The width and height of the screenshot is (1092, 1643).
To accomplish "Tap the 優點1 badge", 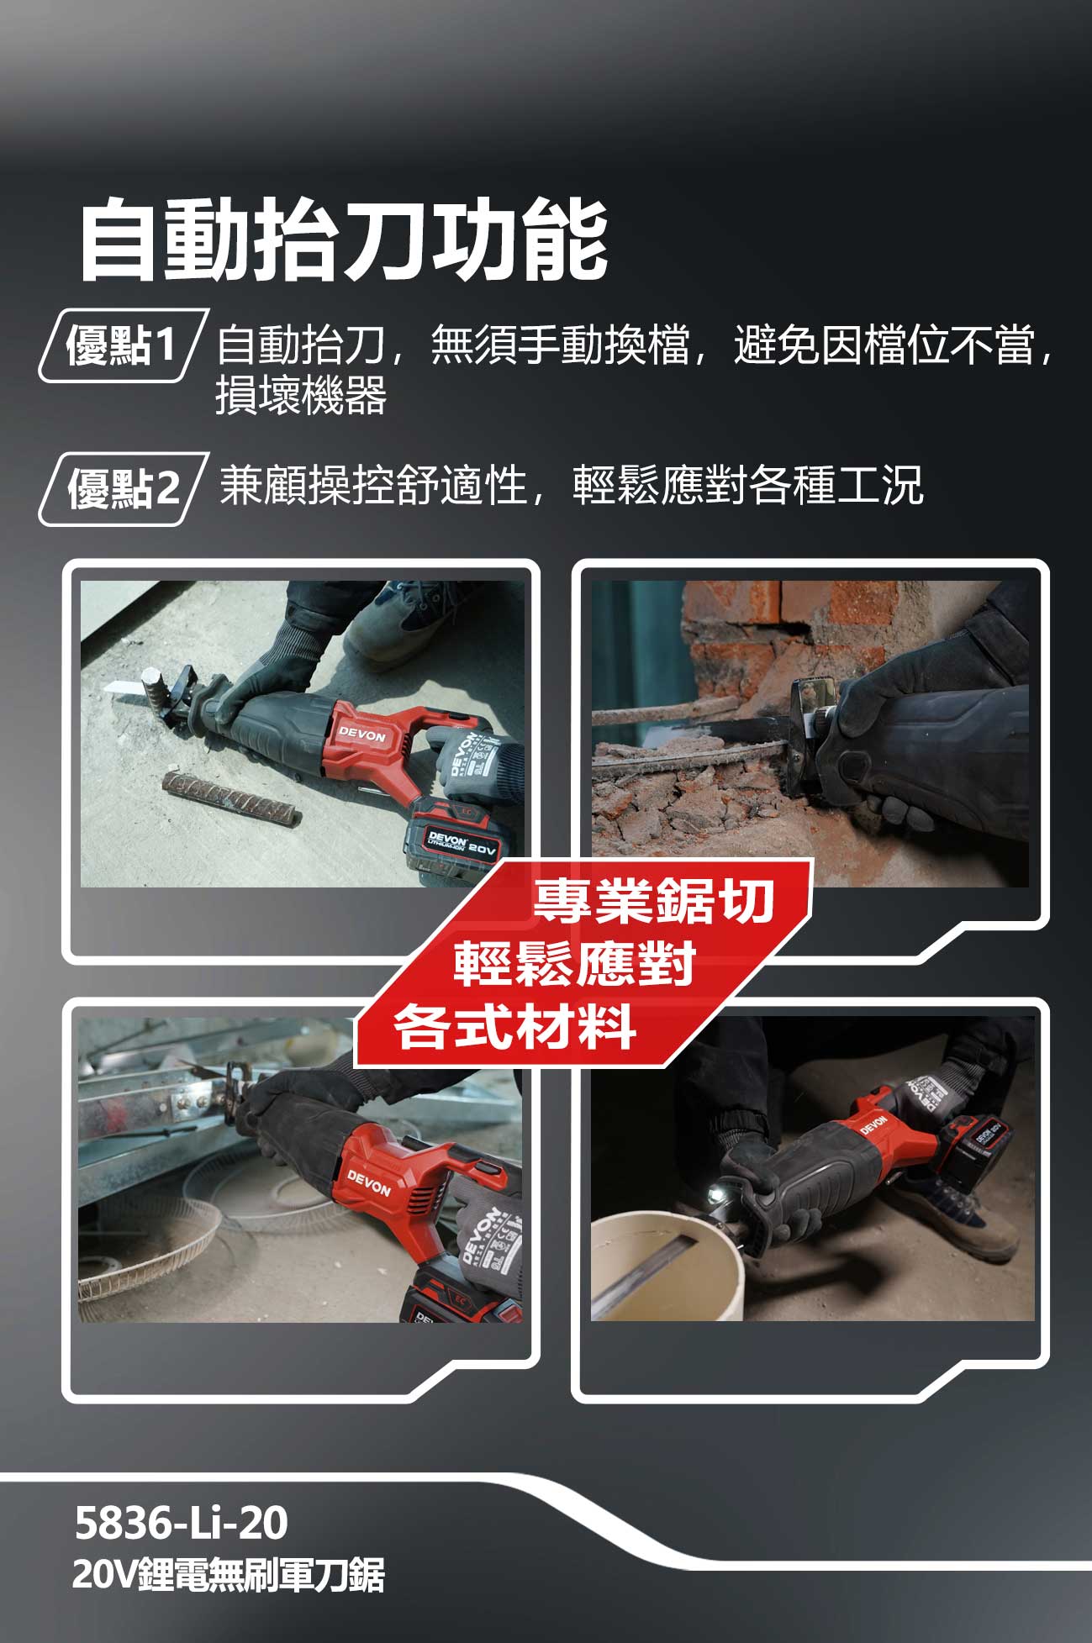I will point(122,345).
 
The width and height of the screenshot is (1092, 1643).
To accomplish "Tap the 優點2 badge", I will point(123,488).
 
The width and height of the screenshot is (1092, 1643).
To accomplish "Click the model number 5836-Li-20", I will point(181,1522).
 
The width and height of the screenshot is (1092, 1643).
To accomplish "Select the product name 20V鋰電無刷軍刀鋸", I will point(228,1575).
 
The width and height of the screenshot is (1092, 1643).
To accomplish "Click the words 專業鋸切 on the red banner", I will point(653,900).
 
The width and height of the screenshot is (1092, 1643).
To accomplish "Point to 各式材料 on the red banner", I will point(514,1026).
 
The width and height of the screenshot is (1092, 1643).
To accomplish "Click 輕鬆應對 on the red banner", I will point(575,963).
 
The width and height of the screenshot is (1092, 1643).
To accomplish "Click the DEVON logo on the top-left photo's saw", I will point(361,735).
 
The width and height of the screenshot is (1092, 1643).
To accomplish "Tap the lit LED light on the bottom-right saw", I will point(716,1192).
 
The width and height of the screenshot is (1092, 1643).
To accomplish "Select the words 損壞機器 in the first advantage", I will point(301,395).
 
